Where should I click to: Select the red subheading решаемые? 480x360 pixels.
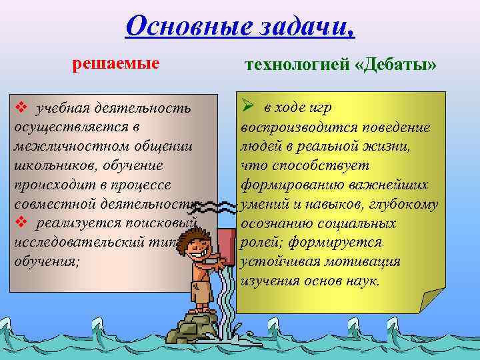tap(115, 64)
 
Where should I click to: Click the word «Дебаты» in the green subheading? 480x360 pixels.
tap(399, 65)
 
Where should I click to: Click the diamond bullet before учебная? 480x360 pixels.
tap(21, 107)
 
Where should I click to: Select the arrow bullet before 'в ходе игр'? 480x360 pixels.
tap(247, 107)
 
